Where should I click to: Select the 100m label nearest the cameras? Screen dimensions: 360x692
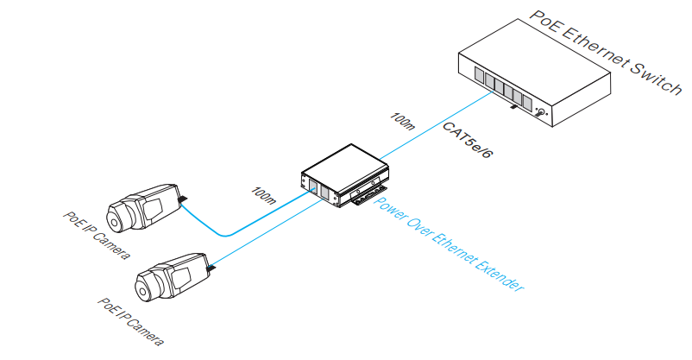263,196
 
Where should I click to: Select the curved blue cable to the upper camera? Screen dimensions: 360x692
226,231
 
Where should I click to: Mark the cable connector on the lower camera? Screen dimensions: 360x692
211,272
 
